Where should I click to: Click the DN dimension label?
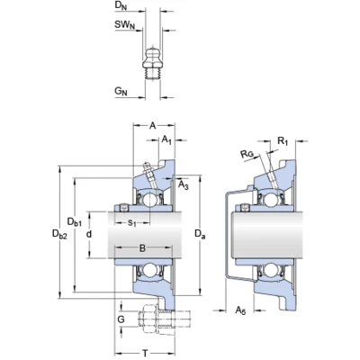click(x=121, y=6)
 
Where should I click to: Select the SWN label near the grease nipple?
click(x=124, y=25)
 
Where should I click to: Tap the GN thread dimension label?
click(x=121, y=91)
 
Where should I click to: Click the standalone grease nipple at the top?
click(x=152, y=63)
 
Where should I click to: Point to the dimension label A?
click(x=153, y=126)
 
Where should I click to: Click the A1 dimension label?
click(x=166, y=139)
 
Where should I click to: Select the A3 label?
click(x=184, y=184)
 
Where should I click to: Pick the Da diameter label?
click(x=200, y=234)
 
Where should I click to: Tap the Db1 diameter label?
click(x=75, y=222)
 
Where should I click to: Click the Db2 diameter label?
click(x=59, y=234)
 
